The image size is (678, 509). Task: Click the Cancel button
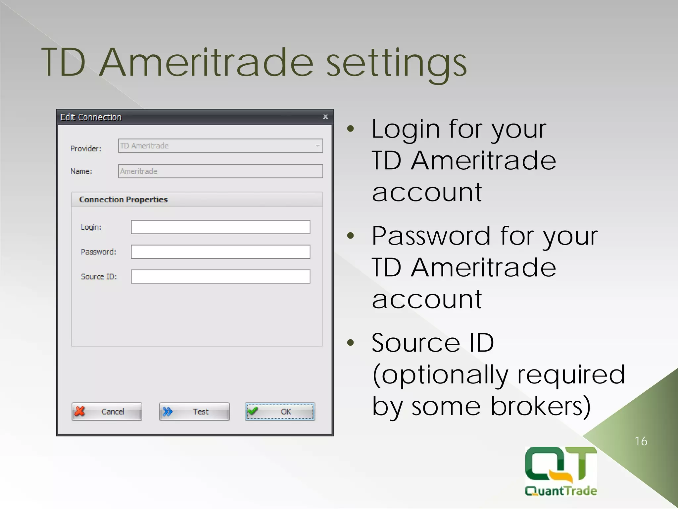point(107,412)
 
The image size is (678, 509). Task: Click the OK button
point(280,412)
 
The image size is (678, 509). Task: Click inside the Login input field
point(220,227)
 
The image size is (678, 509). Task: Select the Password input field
point(220,252)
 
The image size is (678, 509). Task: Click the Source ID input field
point(220,276)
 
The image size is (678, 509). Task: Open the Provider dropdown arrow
point(317,146)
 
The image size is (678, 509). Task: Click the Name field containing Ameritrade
point(220,171)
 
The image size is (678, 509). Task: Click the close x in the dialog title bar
point(325,117)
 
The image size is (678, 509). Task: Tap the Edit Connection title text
point(91,117)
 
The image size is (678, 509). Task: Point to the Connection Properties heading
point(123,199)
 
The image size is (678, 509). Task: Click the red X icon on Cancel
point(80,411)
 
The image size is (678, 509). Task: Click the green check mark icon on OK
point(253,411)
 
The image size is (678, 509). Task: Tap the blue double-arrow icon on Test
point(168,412)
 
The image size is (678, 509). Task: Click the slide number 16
point(641,441)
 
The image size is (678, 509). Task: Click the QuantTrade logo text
point(561,491)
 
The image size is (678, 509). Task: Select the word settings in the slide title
point(396,63)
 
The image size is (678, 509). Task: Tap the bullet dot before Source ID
point(351,343)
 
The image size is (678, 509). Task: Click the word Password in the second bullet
point(431,236)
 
